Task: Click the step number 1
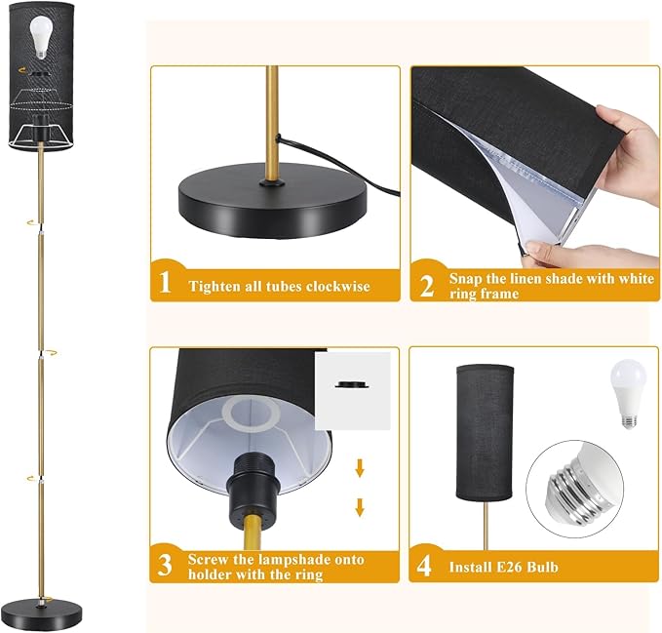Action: (x=165, y=284)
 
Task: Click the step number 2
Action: (x=426, y=284)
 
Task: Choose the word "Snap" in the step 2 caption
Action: (x=467, y=278)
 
